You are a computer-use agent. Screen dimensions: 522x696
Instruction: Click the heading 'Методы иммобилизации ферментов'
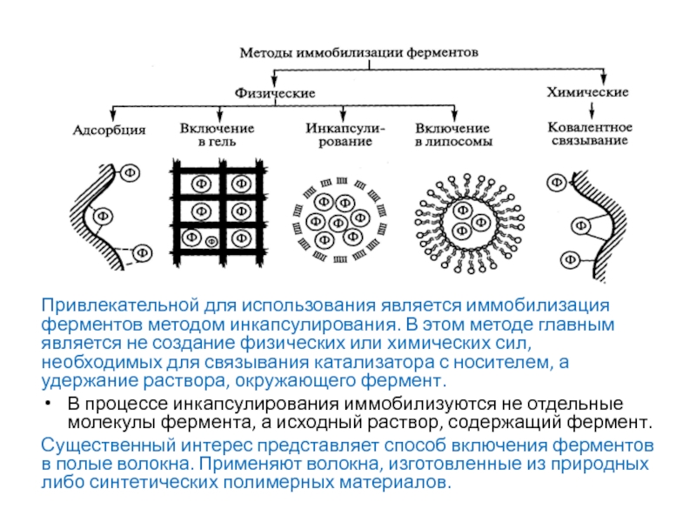pos(358,52)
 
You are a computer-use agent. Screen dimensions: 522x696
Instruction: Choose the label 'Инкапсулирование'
pos(340,133)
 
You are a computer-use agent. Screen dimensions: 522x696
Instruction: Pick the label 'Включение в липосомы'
pos(452,133)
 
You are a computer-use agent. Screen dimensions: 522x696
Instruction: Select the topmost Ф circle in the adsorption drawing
pos(129,171)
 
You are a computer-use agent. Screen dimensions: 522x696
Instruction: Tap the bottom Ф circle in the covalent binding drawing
pos(570,258)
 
